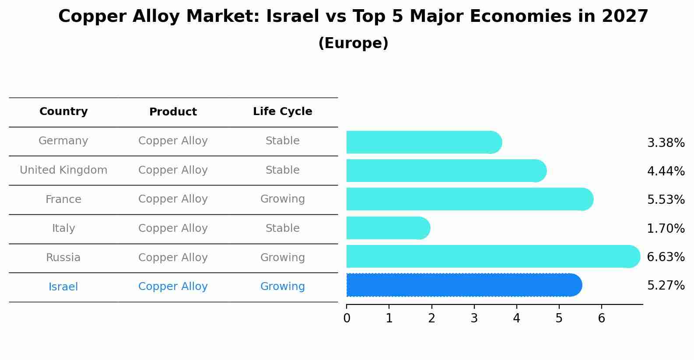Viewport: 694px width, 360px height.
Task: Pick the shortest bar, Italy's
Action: (x=388, y=228)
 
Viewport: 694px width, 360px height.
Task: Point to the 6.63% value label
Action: (x=666, y=257)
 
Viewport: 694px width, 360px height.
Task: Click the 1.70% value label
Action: (x=666, y=228)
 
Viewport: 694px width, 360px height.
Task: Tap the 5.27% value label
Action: (x=666, y=286)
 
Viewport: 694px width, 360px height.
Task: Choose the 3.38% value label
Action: (x=666, y=143)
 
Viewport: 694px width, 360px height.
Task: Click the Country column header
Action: (x=63, y=112)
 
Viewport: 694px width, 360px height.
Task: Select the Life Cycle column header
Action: (x=283, y=112)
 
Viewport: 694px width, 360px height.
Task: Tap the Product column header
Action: (x=173, y=112)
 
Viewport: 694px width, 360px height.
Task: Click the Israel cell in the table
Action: (x=63, y=287)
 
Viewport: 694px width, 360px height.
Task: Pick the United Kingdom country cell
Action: (x=63, y=170)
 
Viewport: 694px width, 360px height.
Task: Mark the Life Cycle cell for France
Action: (x=283, y=199)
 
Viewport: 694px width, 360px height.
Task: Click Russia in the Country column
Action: (x=63, y=258)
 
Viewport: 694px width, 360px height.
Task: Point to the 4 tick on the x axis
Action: (x=516, y=318)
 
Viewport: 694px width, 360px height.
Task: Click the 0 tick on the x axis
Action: (x=347, y=318)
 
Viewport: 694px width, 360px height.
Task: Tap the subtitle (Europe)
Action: (x=353, y=43)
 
